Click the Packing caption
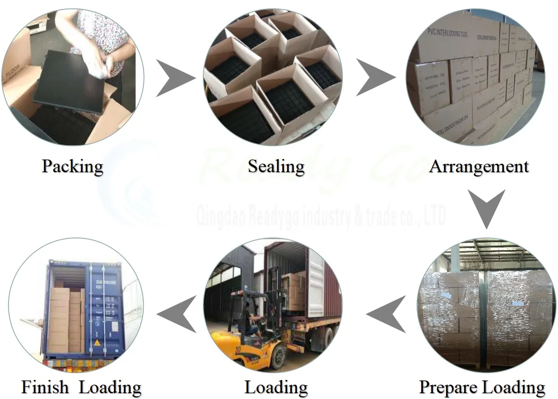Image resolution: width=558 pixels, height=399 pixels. click(x=72, y=166)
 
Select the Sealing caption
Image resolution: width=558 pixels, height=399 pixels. click(x=276, y=166)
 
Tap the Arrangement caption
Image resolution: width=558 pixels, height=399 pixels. click(x=479, y=166)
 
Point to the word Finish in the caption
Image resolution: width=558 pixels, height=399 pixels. click(x=46, y=387)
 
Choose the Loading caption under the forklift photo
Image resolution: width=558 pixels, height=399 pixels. click(x=276, y=387)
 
